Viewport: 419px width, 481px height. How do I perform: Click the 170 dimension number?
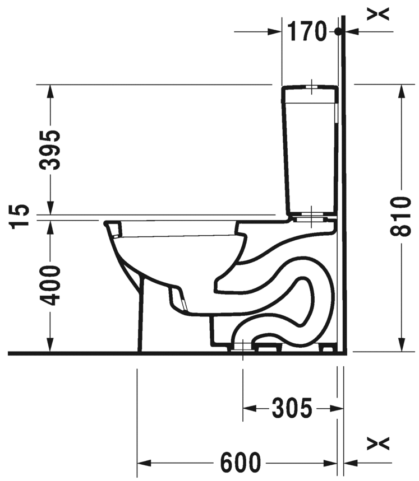click(306, 31)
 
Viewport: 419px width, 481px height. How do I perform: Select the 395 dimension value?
click(50, 150)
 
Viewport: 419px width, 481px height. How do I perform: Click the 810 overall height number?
click(400, 217)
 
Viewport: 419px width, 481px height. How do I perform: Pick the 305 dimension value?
click(292, 408)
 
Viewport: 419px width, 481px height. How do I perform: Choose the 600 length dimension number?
click(241, 463)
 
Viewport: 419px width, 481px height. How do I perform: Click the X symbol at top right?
click(378, 14)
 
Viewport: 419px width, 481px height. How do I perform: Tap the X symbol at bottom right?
click(378, 443)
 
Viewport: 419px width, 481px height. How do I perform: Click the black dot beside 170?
click(338, 31)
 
